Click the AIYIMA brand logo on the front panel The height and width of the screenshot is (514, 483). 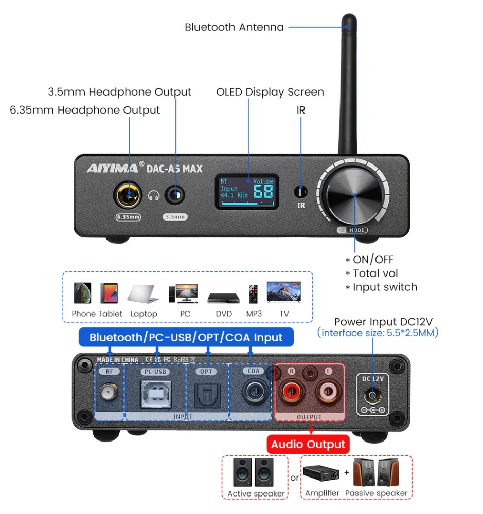(112, 168)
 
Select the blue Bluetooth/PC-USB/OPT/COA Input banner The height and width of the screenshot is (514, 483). (186, 338)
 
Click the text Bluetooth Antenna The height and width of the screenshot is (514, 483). (234, 27)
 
